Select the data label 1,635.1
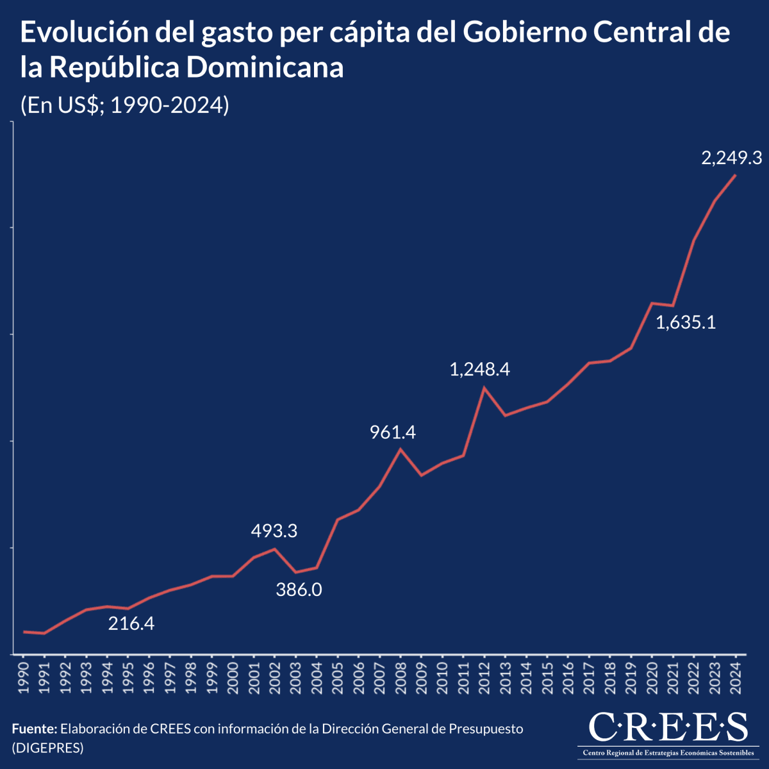coord(686,322)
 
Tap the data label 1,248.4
coord(479,369)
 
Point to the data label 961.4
coord(393,433)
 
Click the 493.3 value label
coord(274,531)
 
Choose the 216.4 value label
coord(131,623)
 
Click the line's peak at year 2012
coord(484,387)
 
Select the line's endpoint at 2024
coord(735,175)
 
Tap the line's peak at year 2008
coord(401,449)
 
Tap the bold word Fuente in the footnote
coord(35,729)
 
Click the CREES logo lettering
coord(667,727)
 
